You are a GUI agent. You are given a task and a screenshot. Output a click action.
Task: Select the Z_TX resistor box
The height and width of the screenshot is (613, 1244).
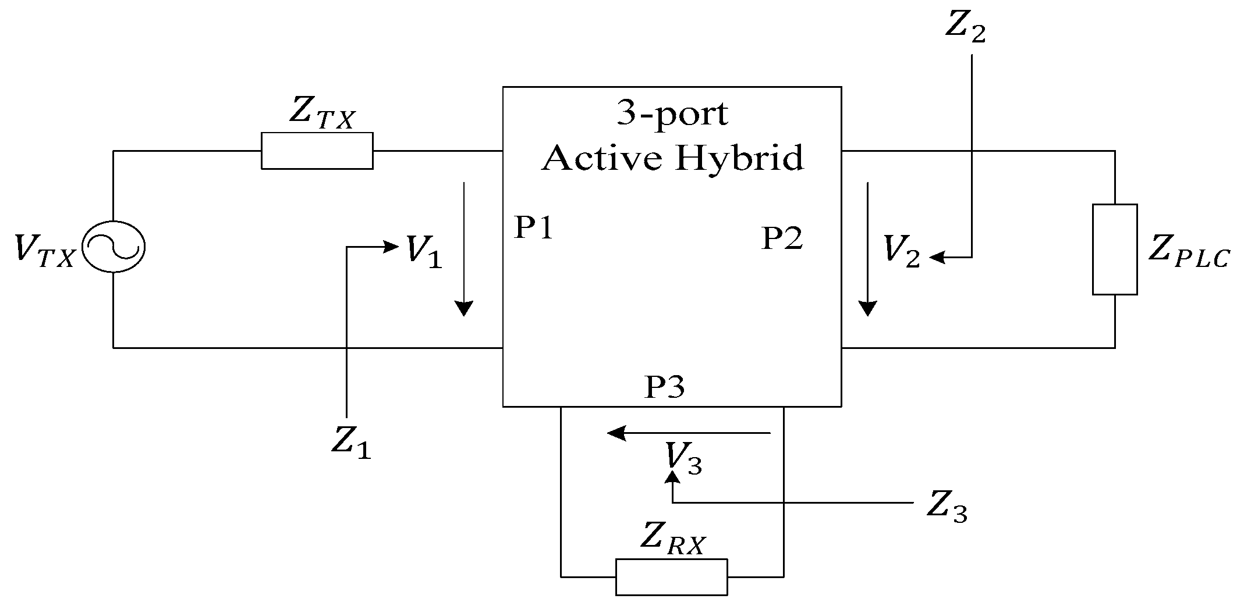tap(317, 151)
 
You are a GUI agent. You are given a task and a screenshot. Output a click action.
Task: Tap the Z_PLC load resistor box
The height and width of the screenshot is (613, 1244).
tap(1114, 250)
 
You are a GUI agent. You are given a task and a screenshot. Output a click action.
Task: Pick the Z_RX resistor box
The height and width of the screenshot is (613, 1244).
tap(671, 577)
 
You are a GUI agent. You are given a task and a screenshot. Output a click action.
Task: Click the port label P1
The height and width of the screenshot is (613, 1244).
tap(533, 228)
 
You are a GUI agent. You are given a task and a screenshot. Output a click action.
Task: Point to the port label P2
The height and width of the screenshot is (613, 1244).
tap(782, 238)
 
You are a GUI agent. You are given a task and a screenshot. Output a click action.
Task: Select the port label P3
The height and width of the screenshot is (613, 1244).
tap(664, 387)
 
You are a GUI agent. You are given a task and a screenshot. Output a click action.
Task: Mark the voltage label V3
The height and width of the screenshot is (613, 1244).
tap(684, 459)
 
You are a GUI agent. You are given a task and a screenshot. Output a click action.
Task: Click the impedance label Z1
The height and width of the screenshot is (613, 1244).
tap(351, 443)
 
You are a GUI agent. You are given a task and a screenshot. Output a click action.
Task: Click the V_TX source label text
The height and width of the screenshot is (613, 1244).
tap(44, 251)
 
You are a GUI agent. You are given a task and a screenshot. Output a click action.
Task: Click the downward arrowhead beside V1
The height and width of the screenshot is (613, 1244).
tap(463, 308)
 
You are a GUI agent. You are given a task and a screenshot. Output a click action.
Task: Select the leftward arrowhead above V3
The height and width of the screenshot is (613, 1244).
tap(616, 433)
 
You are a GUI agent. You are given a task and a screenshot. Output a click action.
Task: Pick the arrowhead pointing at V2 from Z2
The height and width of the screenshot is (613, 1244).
tap(937, 257)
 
